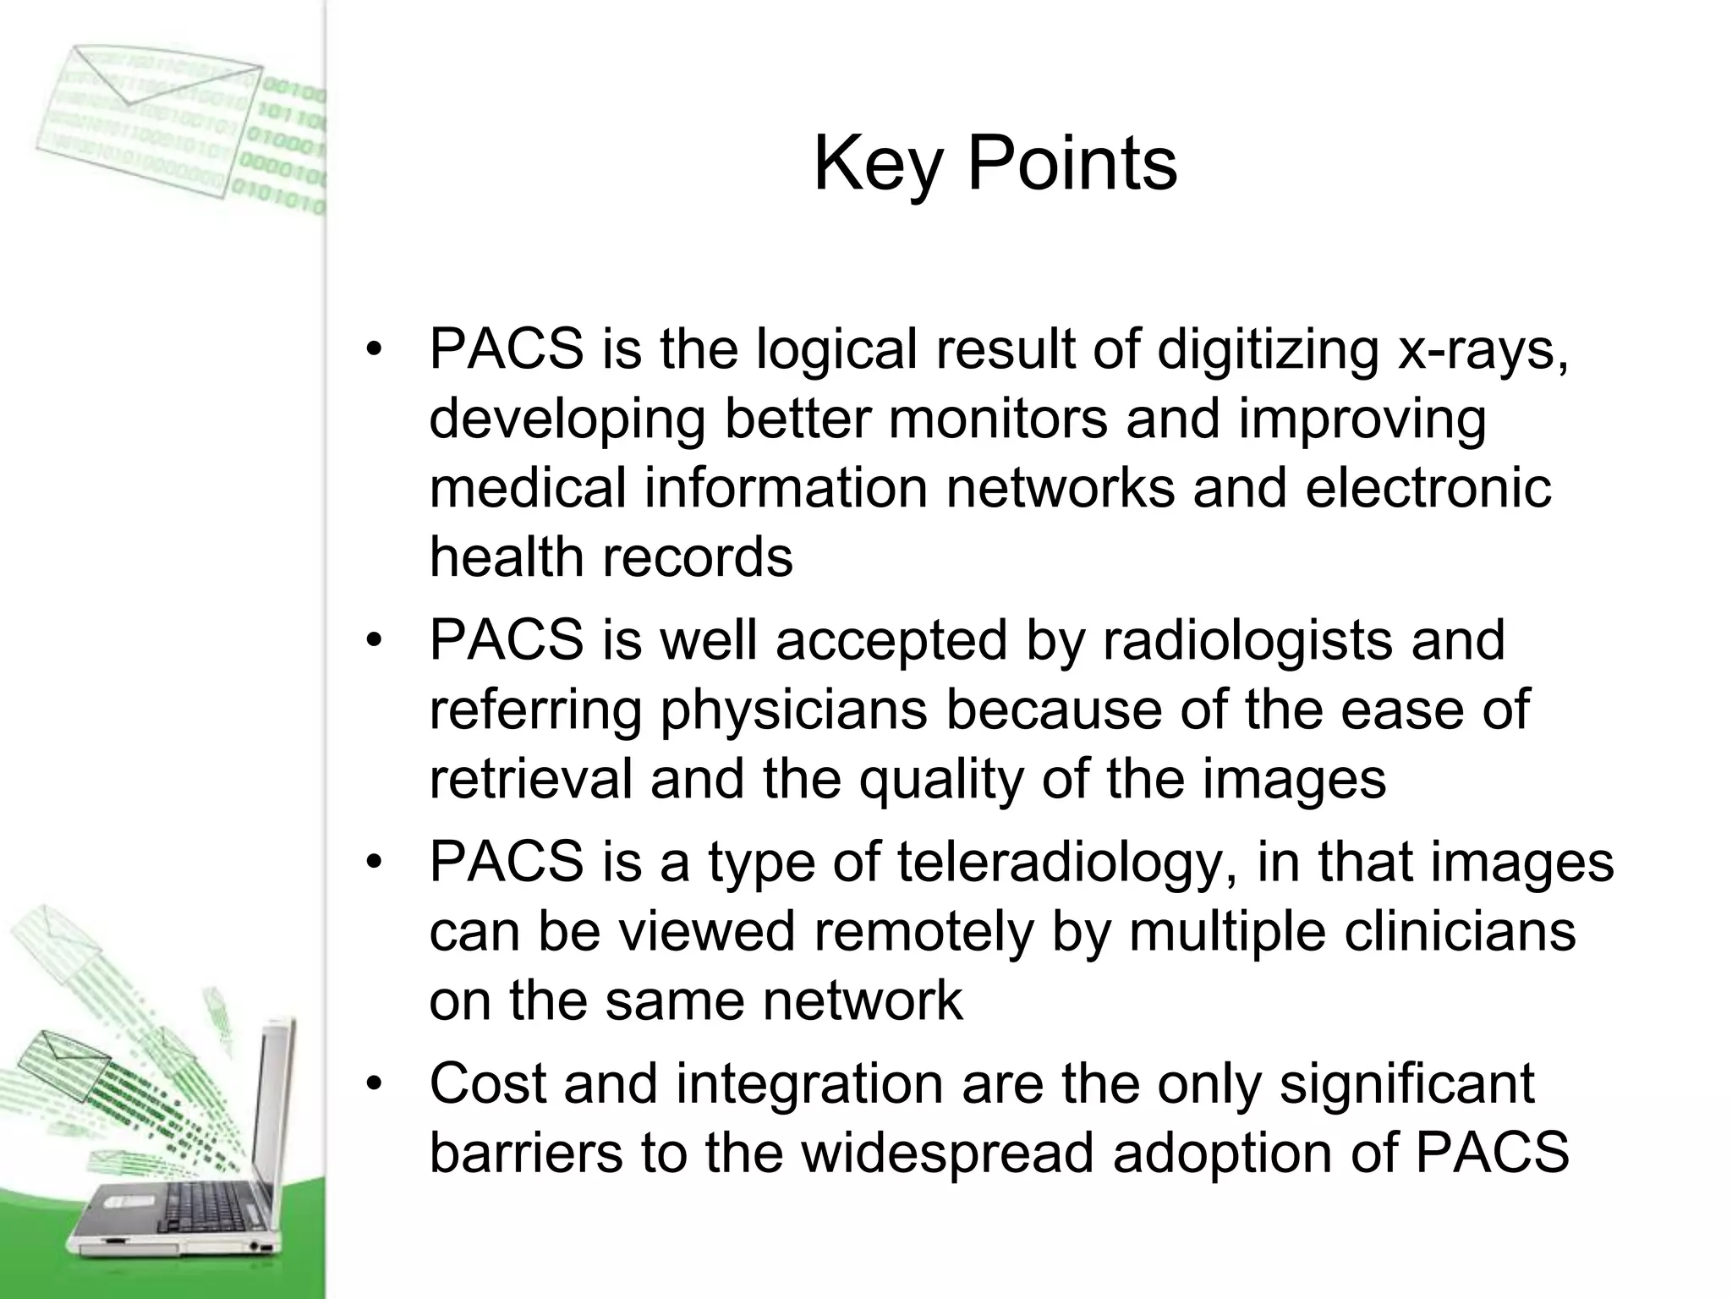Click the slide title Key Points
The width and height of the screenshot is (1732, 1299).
click(995, 164)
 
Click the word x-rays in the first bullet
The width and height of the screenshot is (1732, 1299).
click(1483, 349)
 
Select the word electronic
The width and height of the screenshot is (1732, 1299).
click(1428, 488)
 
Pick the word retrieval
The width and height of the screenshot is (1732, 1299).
click(530, 779)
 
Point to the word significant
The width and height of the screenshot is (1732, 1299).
click(1406, 1084)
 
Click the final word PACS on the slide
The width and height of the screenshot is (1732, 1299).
click(1492, 1154)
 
